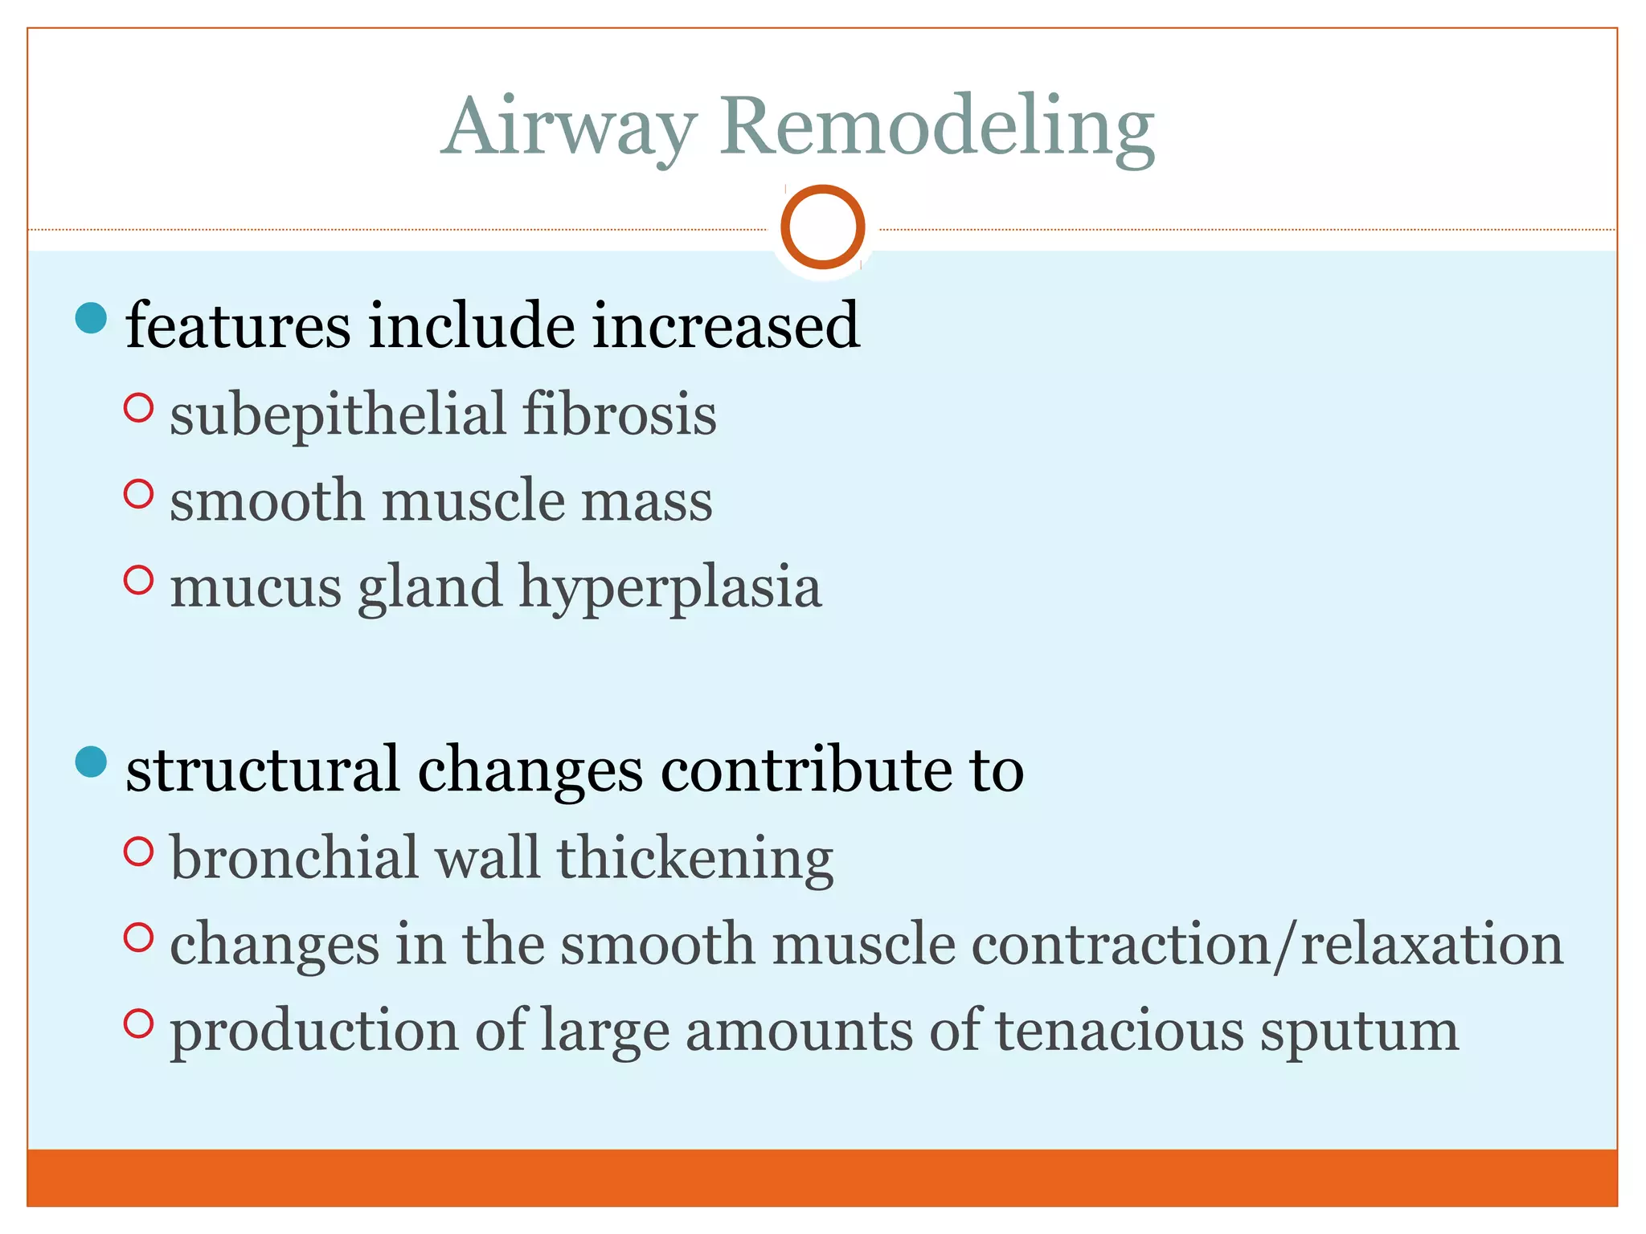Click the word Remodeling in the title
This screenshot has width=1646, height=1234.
[936, 129]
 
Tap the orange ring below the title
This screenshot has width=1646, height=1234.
[822, 227]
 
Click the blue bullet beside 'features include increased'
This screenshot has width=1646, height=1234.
[91, 318]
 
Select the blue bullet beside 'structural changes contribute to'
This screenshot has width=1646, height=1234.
[91, 762]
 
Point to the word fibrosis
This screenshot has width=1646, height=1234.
[619, 414]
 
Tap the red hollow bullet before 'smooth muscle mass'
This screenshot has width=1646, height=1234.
[139, 493]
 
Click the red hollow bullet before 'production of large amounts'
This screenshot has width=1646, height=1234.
[139, 1024]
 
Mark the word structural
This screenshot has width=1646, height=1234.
[263, 770]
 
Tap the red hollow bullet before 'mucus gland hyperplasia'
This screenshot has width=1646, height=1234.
[139, 580]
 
